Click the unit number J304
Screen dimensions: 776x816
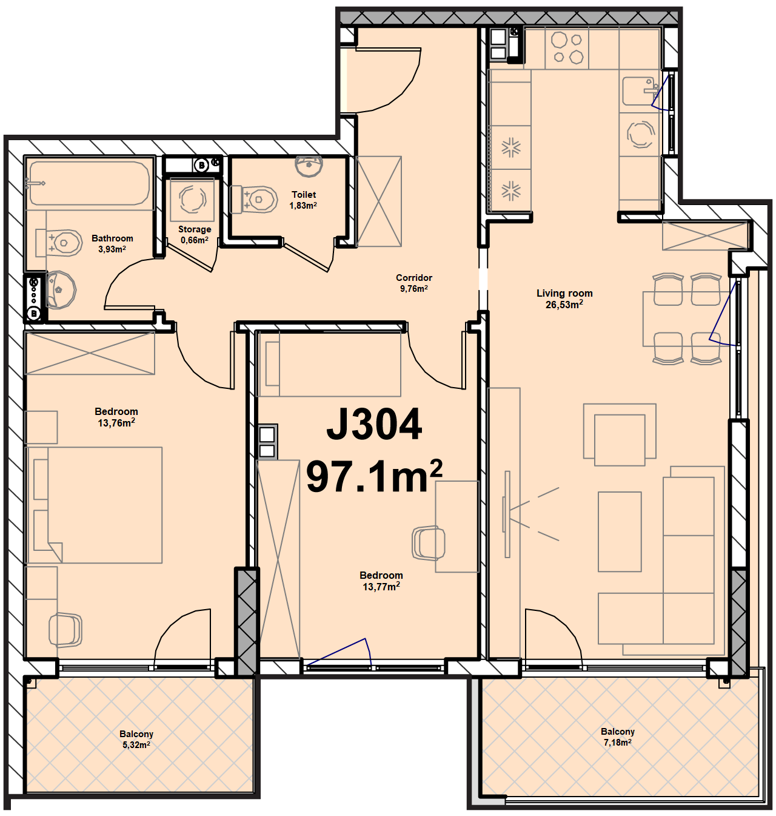click(374, 424)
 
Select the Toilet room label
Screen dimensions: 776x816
click(304, 194)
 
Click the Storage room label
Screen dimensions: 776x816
click(195, 229)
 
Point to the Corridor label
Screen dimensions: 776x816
click(414, 278)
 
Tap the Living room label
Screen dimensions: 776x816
click(564, 294)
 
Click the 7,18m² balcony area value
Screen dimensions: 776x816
click(618, 743)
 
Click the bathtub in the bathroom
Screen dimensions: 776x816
click(89, 183)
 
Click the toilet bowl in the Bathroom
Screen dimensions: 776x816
click(59, 243)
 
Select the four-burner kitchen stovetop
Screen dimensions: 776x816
click(567, 48)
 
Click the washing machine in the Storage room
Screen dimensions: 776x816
click(192, 199)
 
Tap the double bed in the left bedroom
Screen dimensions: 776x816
click(93, 505)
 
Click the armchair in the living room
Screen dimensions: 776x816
click(620, 434)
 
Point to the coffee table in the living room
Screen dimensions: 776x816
click(620, 531)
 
